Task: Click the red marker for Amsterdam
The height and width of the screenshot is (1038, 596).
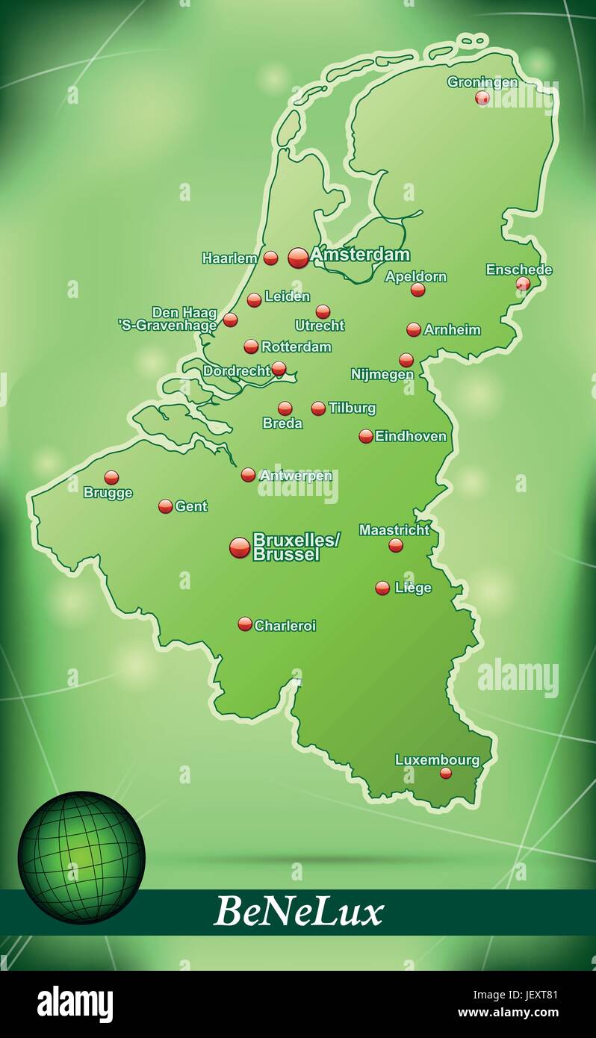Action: (x=298, y=258)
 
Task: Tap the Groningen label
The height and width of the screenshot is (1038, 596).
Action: (x=482, y=82)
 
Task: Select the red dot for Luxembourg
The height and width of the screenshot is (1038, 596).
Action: (x=446, y=773)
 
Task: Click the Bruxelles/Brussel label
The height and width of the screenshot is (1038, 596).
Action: (x=296, y=546)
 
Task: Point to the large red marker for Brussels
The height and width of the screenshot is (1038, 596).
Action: (x=240, y=547)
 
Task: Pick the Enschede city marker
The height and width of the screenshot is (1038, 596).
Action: (x=523, y=283)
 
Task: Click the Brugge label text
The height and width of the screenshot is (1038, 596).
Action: (x=108, y=493)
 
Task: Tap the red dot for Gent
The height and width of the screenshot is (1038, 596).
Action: (x=166, y=506)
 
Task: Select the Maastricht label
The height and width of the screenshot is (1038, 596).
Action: (x=394, y=529)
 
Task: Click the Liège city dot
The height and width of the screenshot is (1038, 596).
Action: (x=382, y=588)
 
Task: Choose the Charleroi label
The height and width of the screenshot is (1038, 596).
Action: (x=285, y=625)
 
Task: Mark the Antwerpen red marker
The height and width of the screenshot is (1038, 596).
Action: (x=248, y=474)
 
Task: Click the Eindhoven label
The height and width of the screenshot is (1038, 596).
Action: (x=410, y=436)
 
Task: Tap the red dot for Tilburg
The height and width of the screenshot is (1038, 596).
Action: (x=318, y=408)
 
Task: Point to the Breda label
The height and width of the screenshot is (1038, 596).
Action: (x=282, y=423)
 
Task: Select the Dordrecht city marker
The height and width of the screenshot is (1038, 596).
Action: (x=279, y=368)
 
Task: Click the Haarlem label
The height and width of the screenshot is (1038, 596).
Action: (x=229, y=258)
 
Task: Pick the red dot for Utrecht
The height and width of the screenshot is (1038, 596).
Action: (x=323, y=311)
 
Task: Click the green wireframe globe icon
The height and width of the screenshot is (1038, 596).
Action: (x=81, y=857)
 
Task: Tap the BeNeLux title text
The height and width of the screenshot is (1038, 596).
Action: (x=298, y=912)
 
